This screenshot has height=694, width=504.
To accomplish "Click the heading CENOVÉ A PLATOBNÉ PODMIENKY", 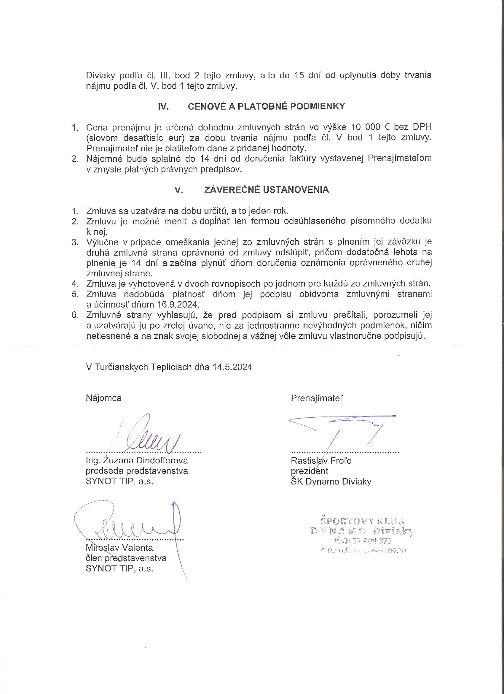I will coord(266,107).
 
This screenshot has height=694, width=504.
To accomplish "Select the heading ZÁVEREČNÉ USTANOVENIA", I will coord(266,190).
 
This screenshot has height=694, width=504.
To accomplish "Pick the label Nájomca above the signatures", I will coord(103,398).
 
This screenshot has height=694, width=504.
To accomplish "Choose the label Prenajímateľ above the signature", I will coord(317,398).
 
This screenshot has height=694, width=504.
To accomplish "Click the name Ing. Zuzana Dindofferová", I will coord(137,460).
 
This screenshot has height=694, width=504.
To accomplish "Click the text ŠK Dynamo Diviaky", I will coord(331,482).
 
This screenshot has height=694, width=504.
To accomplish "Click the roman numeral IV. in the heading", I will coord(164,107).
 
